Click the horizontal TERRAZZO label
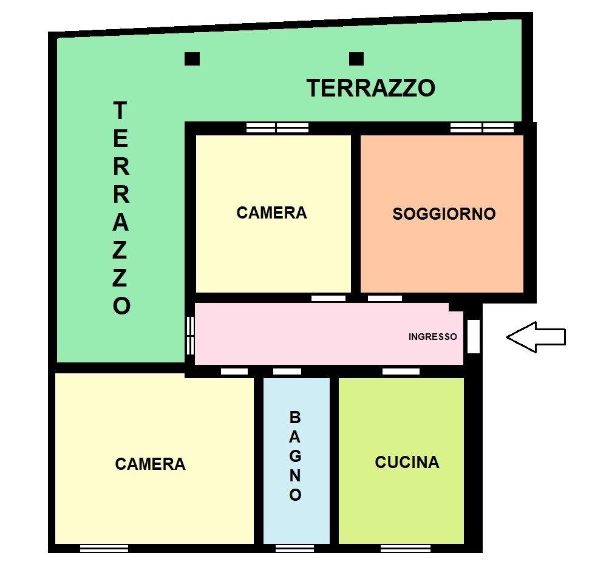tap(371, 88)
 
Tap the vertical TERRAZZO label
tap(121, 208)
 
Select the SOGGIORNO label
tap(444, 214)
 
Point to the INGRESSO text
tap(433, 337)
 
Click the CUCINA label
tap(407, 462)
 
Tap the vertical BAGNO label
tap(295, 456)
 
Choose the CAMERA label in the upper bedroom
tap(271, 213)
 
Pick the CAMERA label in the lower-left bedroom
tap(151, 464)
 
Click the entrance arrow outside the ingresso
tap(536, 337)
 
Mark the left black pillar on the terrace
tap(192, 59)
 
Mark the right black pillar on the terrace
tap(356, 59)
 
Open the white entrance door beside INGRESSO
tap(473, 336)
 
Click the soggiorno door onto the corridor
tap(384, 298)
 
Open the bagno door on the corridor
tap(287, 372)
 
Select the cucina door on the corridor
tap(401, 372)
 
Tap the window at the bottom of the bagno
tap(295, 548)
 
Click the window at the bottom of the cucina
tap(406, 548)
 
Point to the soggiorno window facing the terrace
tap(482, 127)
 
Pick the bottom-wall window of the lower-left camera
tap(104, 548)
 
